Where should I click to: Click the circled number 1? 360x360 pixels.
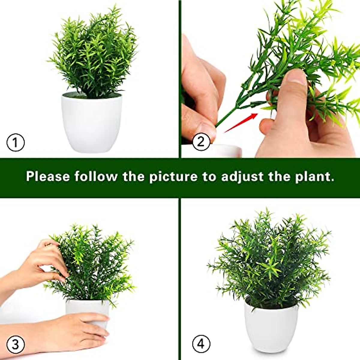click(x=15, y=142)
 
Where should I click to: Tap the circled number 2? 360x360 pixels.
click(x=201, y=141)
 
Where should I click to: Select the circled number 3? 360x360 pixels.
click(x=15, y=344)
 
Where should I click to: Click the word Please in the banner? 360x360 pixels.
click(x=48, y=176)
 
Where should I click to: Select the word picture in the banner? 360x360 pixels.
click(x=173, y=176)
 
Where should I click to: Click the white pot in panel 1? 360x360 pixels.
click(x=92, y=123)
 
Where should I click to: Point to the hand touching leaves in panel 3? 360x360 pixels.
click(x=45, y=261)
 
